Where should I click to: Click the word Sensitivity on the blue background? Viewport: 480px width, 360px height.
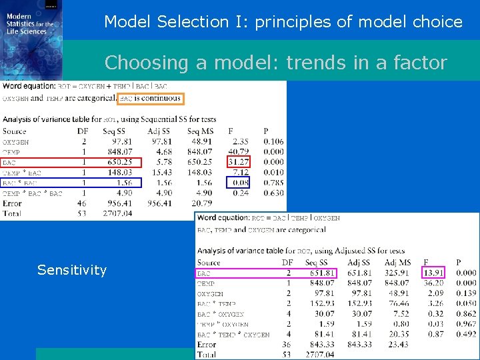click(72, 270)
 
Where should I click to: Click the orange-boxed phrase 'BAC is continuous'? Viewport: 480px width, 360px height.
click(149, 99)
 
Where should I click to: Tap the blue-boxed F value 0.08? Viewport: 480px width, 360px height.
click(241, 183)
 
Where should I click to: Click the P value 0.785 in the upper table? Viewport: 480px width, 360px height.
click(273, 183)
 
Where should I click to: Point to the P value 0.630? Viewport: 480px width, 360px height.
click(273, 193)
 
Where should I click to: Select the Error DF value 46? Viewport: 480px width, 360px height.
click(82, 203)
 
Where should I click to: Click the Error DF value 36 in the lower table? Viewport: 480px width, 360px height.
click(287, 345)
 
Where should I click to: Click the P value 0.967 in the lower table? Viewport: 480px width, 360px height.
click(467, 324)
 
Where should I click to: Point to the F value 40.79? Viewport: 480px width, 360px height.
click(238, 151)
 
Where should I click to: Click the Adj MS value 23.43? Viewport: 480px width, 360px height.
click(399, 345)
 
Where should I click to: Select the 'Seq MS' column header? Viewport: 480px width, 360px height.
click(200, 131)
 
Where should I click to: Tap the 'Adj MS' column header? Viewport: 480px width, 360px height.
click(398, 263)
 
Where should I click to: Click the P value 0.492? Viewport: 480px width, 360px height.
click(467, 335)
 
